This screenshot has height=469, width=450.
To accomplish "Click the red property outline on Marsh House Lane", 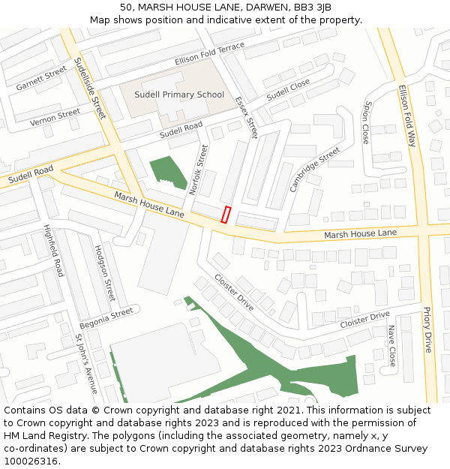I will click(225, 214).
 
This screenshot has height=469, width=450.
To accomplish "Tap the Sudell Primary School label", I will click(179, 95).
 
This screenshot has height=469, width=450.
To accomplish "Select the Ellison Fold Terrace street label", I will click(209, 53).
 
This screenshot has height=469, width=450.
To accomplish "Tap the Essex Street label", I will click(246, 117).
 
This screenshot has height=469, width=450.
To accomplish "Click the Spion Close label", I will click(366, 123).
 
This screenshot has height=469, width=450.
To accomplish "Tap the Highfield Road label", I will click(53, 249).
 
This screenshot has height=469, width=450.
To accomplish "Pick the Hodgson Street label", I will click(104, 272).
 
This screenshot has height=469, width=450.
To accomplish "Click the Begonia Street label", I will click(106, 317).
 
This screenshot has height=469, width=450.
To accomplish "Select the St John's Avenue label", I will click(86, 364).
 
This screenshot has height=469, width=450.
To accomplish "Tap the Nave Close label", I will click(391, 346).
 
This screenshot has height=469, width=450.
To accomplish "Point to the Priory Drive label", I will click(427, 330).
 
